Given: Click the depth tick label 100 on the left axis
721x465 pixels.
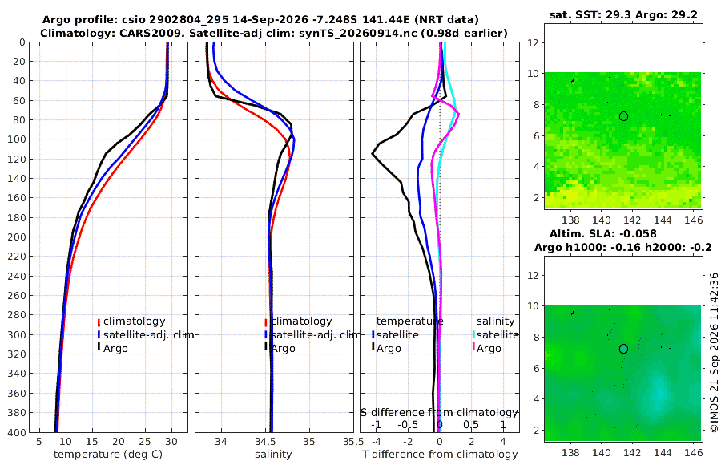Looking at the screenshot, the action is click(x=18, y=139).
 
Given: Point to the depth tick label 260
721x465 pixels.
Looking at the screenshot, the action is click(x=18, y=296).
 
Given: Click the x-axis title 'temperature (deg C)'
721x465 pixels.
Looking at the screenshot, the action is click(x=108, y=455).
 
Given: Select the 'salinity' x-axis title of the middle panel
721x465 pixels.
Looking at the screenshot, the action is click(x=273, y=455).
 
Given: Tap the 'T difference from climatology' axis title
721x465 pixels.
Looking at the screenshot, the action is click(x=440, y=455).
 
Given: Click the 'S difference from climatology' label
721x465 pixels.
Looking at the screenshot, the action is click(x=439, y=412).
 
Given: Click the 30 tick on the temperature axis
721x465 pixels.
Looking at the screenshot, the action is click(x=171, y=442).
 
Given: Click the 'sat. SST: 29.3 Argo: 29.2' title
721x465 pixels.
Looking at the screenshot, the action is click(x=623, y=14).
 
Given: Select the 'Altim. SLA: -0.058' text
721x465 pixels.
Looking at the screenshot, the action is click(x=602, y=234).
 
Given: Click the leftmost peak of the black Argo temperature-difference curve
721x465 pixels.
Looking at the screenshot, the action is click(x=373, y=154).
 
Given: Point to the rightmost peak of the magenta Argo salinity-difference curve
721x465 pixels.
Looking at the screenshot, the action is click(x=458, y=113).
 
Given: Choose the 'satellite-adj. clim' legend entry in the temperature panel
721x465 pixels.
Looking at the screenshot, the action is click(x=145, y=334).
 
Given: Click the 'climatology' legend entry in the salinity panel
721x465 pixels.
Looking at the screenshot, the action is click(x=299, y=321).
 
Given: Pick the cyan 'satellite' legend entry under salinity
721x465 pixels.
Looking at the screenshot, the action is click(x=496, y=334).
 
